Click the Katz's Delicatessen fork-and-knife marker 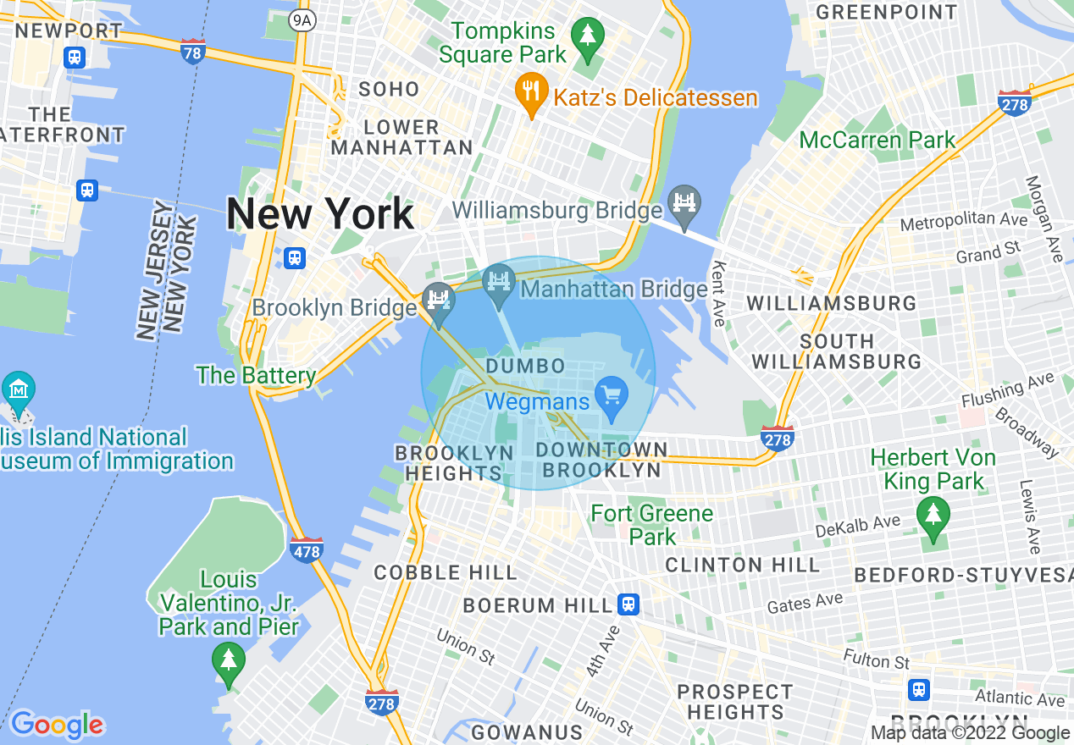(x=530, y=91)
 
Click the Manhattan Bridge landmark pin (x=499, y=283)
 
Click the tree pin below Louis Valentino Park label (x=228, y=660)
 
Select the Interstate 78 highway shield (x=193, y=52)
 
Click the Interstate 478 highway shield (x=306, y=550)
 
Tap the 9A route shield (x=302, y=19)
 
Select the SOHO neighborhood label (x=389, y=89)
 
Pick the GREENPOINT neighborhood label (x=886, y=12)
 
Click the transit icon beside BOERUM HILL (x=628, y=604)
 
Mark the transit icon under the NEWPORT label (x=75, y=57)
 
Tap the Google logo (x=57, y=725)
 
